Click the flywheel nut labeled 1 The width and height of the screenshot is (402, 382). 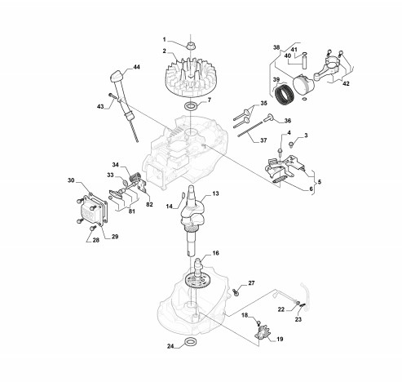click(x=191, y=46)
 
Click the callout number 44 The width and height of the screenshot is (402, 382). click(x=136, y=67)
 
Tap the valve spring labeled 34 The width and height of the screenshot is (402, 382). click(x=135, y=178)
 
